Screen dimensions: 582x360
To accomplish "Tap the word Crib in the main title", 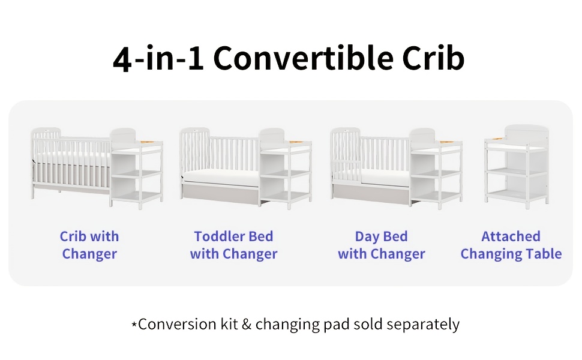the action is pos(433,58).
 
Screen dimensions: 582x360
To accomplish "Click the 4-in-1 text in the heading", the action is pos(158,58).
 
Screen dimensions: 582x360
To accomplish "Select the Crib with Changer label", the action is pos(89,245).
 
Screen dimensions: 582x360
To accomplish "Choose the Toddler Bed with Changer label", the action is pos(233,245).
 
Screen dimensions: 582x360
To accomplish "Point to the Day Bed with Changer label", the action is pos(381,245).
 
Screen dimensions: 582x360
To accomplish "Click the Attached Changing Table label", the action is pos(511,245).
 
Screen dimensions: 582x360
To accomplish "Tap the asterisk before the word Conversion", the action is pos(134,325).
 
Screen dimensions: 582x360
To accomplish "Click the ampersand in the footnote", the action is pos(247,325).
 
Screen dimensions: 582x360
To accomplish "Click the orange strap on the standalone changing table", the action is pos(498,139).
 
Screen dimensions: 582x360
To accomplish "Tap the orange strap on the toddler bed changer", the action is pos(296,142).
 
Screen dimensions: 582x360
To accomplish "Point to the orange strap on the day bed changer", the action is pos(446,142).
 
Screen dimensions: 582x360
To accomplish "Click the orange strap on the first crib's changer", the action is pos(146,142).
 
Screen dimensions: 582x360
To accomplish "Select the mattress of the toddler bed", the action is pos(220,176).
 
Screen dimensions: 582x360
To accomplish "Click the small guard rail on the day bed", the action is pos(347,171).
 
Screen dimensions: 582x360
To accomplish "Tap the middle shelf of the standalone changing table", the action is pos(516,172).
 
